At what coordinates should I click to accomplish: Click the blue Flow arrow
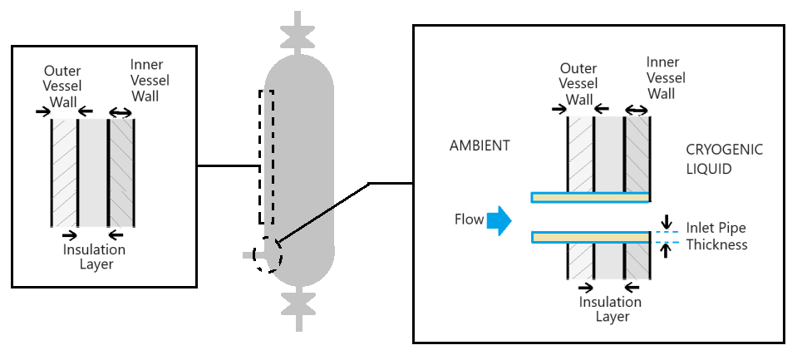coord(498,220)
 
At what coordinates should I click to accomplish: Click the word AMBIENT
coord(480,145)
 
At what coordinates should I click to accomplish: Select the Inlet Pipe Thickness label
coord(716,236)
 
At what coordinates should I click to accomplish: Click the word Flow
coord(469,220)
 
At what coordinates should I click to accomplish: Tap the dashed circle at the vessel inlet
coord(268,254)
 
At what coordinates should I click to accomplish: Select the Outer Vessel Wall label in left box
coord(62,84)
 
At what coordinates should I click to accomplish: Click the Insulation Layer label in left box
coord(94,256)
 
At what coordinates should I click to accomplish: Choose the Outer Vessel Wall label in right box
coord(578,84)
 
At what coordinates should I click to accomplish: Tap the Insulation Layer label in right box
coord(610,308)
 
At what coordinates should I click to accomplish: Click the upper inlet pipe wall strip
coord(590,197)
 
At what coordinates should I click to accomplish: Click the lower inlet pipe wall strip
coord(590,238)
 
